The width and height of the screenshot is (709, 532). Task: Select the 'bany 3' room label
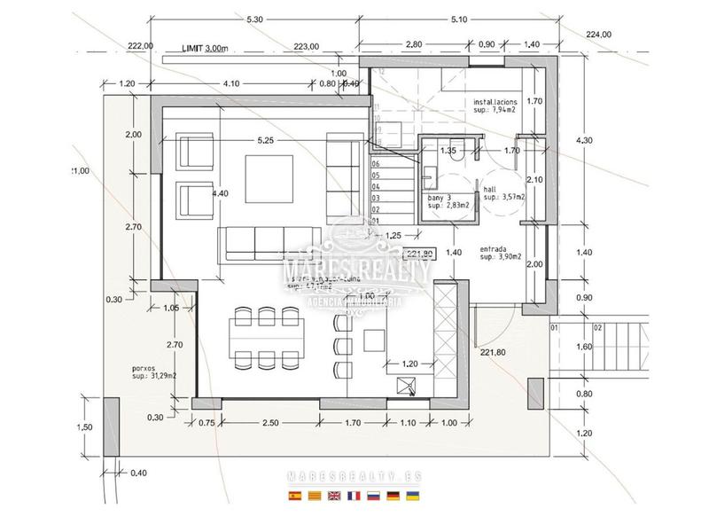point(440,199)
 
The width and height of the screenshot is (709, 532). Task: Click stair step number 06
point(376,164)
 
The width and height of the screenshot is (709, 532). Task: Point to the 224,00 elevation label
point(599,35)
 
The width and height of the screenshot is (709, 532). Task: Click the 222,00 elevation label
point(140,46)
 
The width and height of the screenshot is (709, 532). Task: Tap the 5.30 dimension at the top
point(254,19)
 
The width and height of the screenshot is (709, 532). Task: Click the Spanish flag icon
point(295,496)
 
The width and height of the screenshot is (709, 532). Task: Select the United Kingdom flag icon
point(334,496)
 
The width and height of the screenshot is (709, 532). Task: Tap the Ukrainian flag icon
point(413,496)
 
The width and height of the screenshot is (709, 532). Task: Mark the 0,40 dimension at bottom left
point(139,473)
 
